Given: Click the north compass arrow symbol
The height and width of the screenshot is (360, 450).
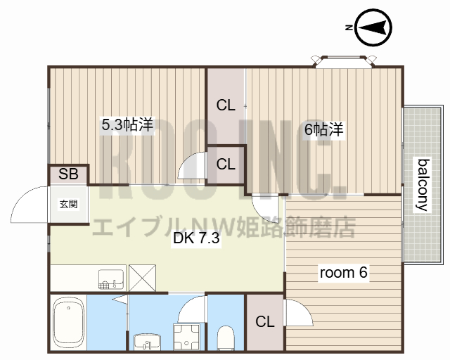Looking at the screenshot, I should (373, 28).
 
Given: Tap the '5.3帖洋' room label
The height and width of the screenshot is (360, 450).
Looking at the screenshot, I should (127, 125).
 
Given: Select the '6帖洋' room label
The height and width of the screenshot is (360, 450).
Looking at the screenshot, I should (323, 129).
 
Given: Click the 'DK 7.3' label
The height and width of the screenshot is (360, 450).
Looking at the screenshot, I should (197, 238).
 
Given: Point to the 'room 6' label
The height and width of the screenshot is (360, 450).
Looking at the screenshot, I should (344, 273).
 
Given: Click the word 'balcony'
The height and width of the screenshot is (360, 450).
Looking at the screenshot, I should (423, 185).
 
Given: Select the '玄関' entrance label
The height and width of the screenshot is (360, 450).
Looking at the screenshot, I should (68, 205).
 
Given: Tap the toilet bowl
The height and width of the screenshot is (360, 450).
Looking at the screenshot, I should (226, 336).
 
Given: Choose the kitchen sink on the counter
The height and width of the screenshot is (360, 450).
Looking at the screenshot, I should (110, 278).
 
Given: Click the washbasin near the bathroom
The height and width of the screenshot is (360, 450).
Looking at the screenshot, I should (146, 341).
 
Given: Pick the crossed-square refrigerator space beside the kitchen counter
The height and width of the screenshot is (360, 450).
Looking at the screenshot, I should (143, 277).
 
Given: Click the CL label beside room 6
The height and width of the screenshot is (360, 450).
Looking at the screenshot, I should (265, 322).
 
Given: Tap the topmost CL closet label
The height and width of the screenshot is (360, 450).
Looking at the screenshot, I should (225, 106).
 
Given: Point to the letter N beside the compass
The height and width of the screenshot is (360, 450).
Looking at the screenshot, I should (349, 27).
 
